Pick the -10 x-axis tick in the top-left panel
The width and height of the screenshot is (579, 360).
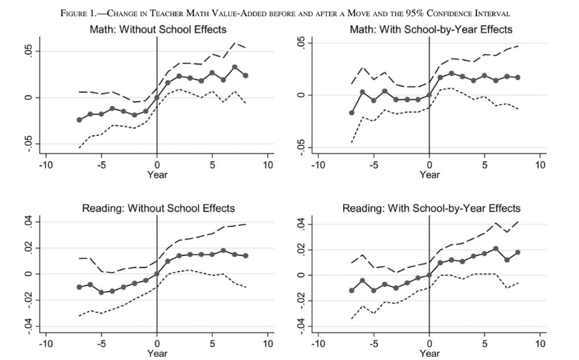(46, 165)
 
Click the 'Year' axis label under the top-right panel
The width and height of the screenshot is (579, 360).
(429, 174)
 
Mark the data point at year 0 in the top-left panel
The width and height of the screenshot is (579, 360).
(157, 98)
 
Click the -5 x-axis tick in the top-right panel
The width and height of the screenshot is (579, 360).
(373, 165)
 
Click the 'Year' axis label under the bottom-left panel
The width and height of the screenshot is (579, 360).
(156, 353)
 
